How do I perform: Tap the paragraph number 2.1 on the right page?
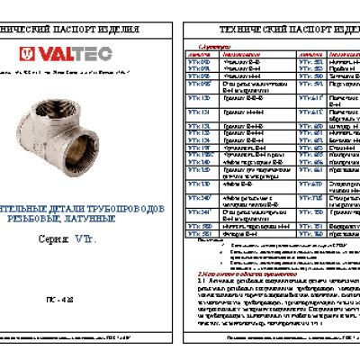(x=202, y=281)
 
